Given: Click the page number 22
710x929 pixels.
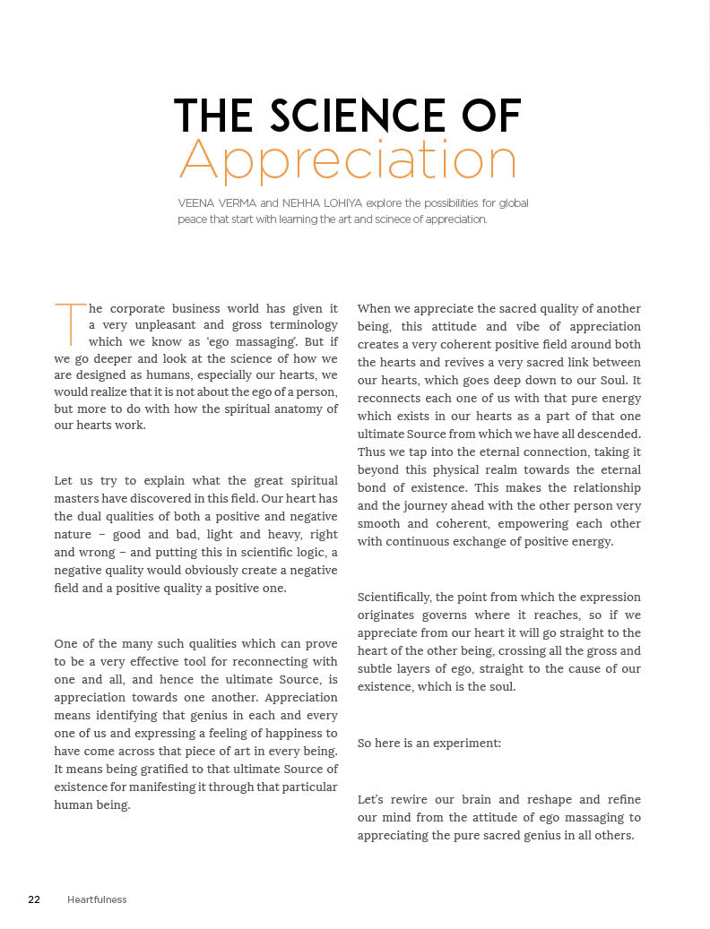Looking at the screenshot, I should [34, 899].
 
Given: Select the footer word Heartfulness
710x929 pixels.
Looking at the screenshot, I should [97, 899].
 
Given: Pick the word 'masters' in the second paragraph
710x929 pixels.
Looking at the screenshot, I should [79, 498].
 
